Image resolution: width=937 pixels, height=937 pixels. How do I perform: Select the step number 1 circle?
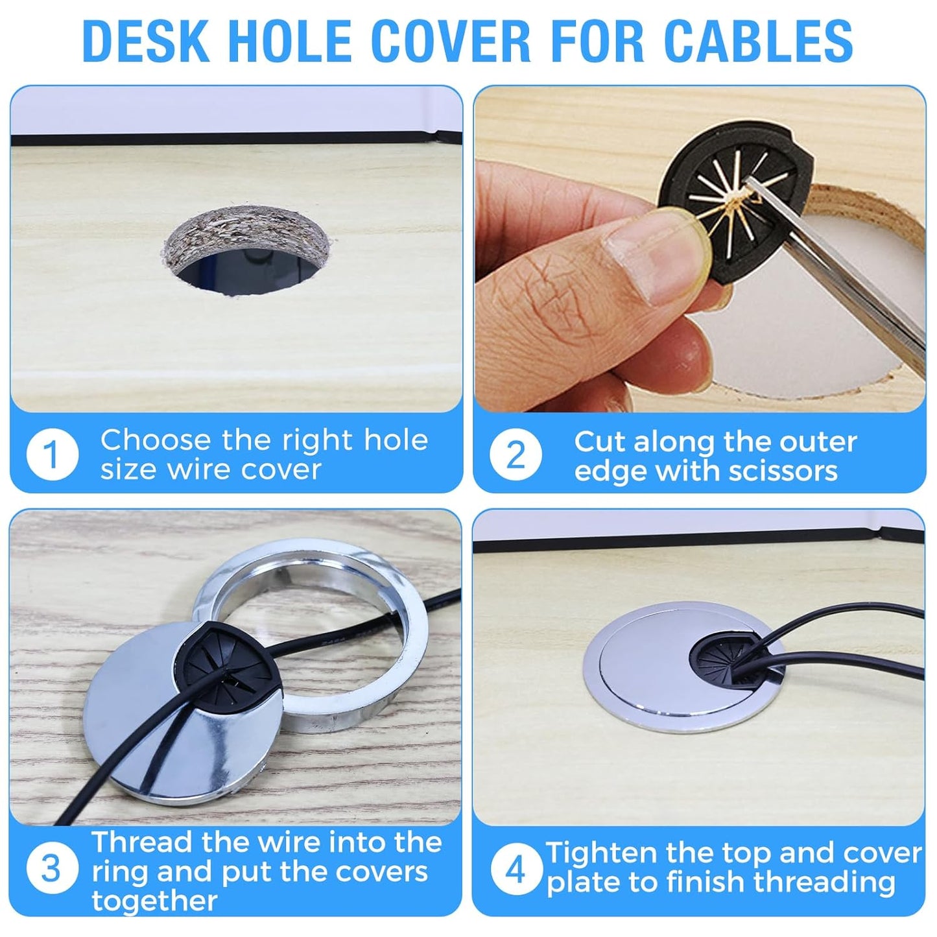click(52, 454)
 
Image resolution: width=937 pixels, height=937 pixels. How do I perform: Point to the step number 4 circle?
click(515, 869)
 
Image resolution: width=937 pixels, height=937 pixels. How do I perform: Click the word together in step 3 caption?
click(154, 901)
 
